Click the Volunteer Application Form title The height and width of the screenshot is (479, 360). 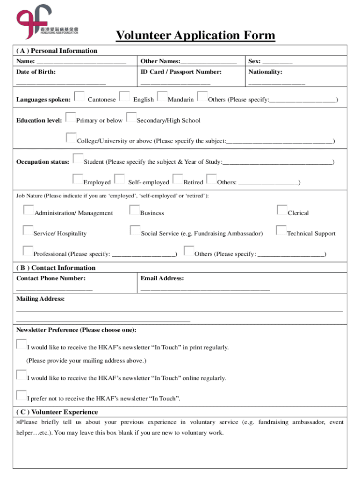tap(195, 36)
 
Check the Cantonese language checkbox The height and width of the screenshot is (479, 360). tap(79, 96)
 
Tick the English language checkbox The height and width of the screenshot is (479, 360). tap(124, 96)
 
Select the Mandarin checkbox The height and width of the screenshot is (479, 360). tap(162, 96)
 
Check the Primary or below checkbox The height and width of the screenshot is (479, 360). tap(71, 117)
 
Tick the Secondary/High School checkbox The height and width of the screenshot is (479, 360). tap(131, 117)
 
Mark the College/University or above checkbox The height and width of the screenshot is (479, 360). tap(71, 138)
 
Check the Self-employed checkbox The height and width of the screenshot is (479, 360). tap(120, 179)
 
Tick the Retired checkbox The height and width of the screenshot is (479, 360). tap(178, 179)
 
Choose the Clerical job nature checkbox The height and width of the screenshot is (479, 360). tap(282, 210)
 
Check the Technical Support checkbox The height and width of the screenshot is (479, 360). tap(281, 230)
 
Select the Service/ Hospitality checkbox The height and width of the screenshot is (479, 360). tap(28, 230)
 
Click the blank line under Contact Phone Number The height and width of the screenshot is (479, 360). tap(54, 290)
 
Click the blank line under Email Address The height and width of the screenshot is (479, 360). tap(205, 290)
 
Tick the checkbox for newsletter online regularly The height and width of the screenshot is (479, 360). tap(21, 375)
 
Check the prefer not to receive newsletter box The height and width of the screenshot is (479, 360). tap(21, 395)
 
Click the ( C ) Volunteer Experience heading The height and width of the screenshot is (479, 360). tap(57, 412)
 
